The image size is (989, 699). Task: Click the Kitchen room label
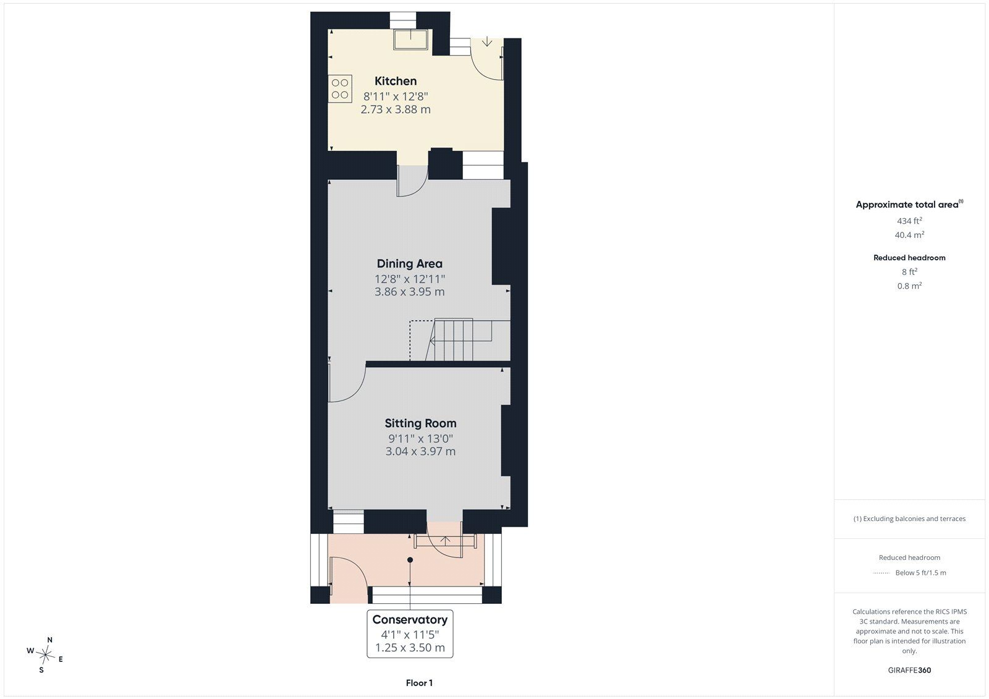pos(396,81)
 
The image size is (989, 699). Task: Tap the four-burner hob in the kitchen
pos(340,89)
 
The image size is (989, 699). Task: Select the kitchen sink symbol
pos(410,40)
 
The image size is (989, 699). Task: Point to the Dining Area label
pos(409,264)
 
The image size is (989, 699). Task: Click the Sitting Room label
pos(420,423)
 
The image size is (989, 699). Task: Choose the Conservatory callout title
pos(410,619)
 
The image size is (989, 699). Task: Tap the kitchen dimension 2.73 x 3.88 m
pos(396,109)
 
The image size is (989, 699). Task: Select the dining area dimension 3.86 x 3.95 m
pos(409,292)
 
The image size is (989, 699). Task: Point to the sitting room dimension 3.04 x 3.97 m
pos(420,451)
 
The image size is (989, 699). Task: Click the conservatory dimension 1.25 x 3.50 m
pos(410,648)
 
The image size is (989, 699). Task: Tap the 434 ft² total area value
pos(909,221)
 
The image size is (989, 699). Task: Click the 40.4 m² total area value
pos(909,235)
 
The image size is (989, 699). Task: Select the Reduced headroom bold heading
pos(909,258)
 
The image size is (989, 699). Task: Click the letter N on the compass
pos(50,640)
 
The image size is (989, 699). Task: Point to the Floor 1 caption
pos(419,683)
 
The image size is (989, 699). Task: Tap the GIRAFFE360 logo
pos(909,671)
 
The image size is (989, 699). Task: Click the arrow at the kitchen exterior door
pos(486,42)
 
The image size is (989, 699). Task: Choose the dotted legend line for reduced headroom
pos(881,573)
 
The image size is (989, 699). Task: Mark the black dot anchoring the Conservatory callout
pos(410,560)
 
